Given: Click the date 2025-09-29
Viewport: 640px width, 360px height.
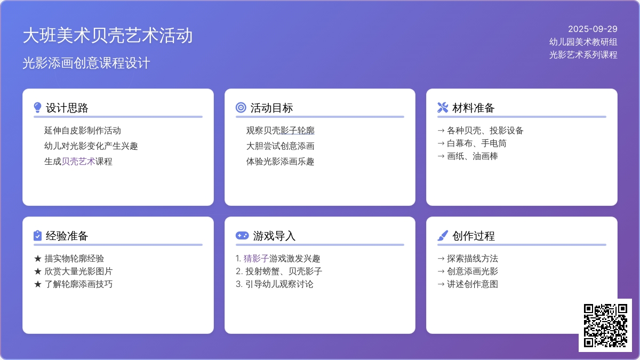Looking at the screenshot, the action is (593, 29).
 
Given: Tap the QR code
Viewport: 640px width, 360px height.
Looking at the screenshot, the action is (605, 325).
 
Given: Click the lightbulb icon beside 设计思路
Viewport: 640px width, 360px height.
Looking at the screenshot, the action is (37, 108).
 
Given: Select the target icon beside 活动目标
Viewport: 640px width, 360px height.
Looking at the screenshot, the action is (241, 107).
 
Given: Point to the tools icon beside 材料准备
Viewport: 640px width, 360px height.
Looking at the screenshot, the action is (443, 107).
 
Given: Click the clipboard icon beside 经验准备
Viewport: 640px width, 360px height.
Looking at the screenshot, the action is (37, 236).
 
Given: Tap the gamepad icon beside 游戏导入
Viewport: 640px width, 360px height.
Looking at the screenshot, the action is (242, 235).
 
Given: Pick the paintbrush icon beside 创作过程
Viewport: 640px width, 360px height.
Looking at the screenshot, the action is (443, 236).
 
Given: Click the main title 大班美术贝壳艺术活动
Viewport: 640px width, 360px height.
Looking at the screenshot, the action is (107, 36).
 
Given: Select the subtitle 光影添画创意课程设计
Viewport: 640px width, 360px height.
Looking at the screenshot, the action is (86, 63).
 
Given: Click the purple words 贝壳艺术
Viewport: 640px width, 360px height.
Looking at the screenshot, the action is (78, 162).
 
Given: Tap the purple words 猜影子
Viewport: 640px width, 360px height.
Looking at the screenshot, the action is (256, 259).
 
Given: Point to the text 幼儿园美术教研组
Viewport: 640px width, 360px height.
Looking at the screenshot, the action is (583, 42).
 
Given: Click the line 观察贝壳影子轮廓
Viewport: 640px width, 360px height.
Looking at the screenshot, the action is (280, 131).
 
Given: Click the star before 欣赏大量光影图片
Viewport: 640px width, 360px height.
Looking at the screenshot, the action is (38, 271).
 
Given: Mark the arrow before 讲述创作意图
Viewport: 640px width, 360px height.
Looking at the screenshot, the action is (441, 284).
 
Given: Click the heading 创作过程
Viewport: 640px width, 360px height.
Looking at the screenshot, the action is (473, 236).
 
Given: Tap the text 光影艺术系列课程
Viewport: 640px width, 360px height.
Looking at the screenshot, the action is (583, 54).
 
